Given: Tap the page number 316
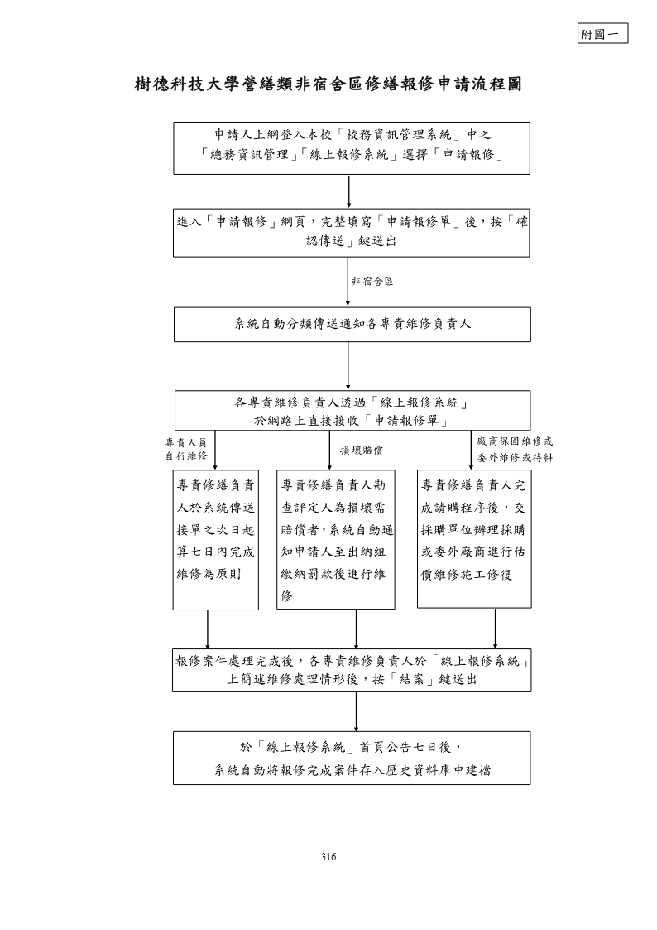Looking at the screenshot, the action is (x=328, y=856).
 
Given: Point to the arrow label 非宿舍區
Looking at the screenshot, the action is (x=372, y=281).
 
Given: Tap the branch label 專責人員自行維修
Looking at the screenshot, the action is (x=186, y=449).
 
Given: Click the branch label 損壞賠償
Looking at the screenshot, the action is (x=362, y=451).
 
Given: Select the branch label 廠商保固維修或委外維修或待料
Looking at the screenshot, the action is (x=515, y=450).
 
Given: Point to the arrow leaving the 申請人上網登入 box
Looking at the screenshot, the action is (x=349, y=191).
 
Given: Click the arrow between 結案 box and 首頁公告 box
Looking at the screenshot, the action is (x=356, y=711).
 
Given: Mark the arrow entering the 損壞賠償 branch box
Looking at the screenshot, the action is (x=330, y=451).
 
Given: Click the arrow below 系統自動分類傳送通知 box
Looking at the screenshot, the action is (x=348, y=366).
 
